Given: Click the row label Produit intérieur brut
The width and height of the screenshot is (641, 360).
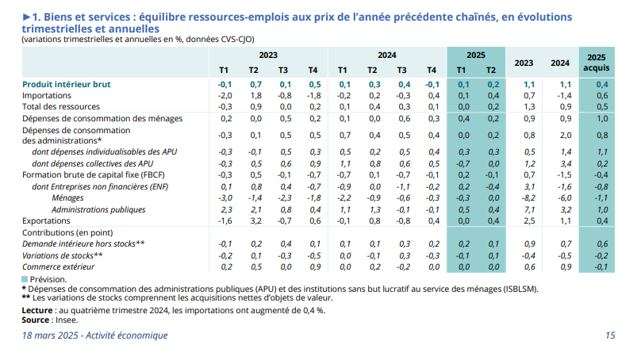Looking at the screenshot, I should point(66,84).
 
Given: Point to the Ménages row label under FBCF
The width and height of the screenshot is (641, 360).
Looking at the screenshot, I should point(68,197).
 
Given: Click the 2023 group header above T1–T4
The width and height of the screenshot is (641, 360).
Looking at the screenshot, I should point(268,56).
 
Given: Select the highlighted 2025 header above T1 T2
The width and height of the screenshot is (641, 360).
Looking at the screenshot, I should point(476,56).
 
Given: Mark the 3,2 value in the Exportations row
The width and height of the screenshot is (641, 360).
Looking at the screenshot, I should point(255,220).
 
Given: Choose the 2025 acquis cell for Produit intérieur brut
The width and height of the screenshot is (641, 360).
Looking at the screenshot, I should point(601,84).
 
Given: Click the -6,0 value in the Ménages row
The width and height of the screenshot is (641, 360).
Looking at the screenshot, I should point(560,197).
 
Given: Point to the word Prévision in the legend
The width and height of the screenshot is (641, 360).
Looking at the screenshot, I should point(48,280).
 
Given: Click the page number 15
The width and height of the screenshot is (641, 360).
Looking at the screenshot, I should point(610,335).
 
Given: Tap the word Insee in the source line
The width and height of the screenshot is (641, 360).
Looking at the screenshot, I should point(69,320).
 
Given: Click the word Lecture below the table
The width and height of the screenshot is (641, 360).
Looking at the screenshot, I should point(39,311).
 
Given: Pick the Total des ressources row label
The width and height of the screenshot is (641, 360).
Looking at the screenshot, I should point(61,106).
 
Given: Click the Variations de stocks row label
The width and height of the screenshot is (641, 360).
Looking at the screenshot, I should point(63,255).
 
